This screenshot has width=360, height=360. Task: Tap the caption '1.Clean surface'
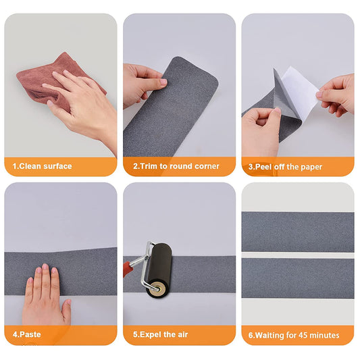click(x=42, y=166)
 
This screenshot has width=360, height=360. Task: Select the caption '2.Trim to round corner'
click(x=176, y=166)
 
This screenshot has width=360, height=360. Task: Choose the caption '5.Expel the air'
click(x=160, y=334)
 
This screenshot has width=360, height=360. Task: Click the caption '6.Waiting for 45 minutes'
click(x=293, y=335)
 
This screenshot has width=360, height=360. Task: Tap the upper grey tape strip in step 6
click(x=297, y=231)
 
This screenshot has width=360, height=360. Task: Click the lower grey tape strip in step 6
click(x=297, y=277)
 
